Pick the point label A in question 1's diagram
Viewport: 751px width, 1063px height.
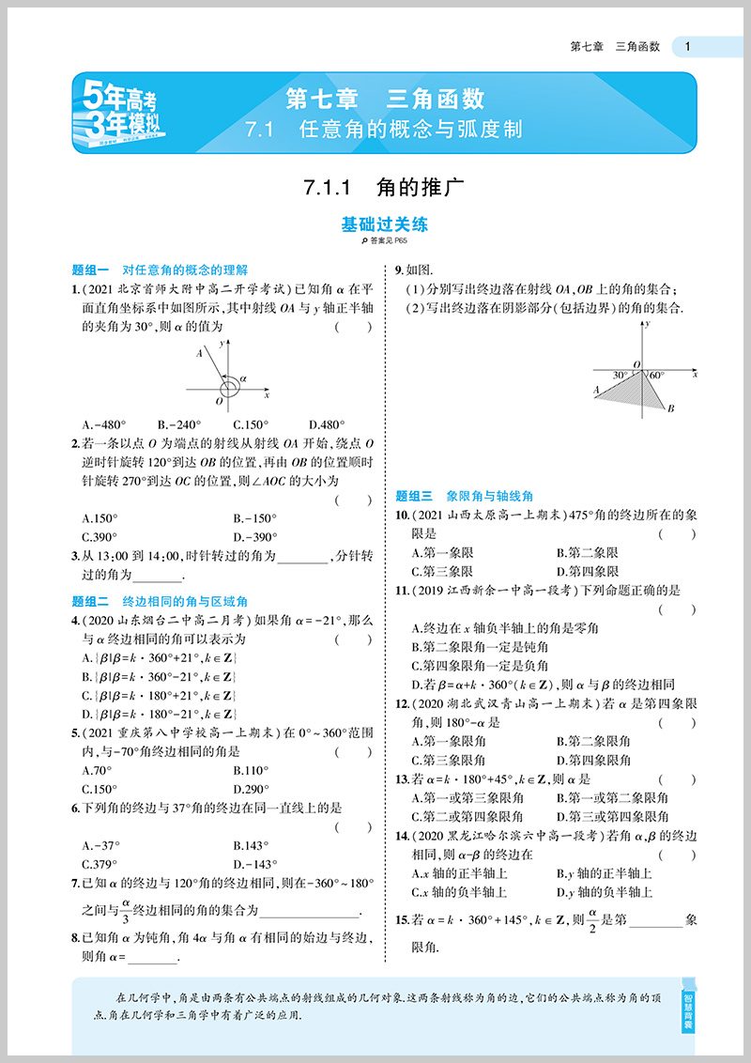click(x=199, y=353)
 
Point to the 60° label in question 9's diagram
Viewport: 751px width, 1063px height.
click(x=655, y=375)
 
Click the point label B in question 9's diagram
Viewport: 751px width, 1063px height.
click(x=670, y=408)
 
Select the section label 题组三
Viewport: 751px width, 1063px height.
click(x=414, y=496)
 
